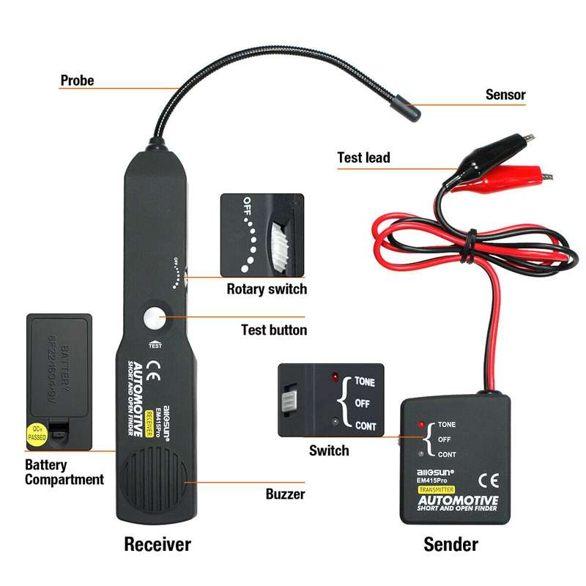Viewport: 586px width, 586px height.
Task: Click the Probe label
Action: point(77,80)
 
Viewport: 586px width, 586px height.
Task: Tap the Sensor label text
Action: point(505,94)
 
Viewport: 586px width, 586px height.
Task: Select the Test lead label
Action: point(363,157)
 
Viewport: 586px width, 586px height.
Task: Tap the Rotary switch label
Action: point(267,289)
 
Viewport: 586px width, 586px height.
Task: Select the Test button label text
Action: point(274,330)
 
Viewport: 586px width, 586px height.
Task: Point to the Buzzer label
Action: point(285,494)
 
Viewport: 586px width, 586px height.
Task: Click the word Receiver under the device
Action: point(157,544)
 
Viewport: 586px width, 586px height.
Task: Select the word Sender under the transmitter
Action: point(450,544)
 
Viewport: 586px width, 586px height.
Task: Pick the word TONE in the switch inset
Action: point(365,382)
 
